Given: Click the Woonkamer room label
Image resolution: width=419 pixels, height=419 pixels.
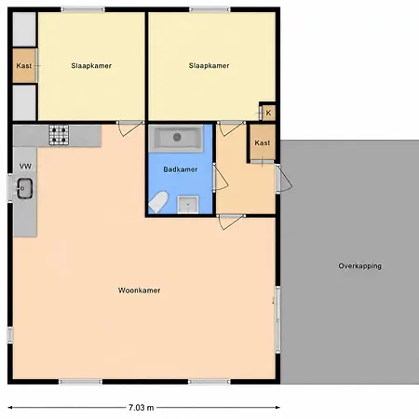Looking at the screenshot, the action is tap(139, 291).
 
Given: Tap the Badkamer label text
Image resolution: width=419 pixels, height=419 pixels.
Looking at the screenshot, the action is tap(181, 169).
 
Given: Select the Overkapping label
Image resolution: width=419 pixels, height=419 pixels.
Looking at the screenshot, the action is tap(360, 266).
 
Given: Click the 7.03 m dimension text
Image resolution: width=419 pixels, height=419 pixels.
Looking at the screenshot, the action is tap(142, 408).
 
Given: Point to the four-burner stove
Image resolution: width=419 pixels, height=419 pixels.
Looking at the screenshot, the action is tap(59, 135).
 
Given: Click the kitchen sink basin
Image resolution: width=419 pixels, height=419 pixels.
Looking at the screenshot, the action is tap(25, 188).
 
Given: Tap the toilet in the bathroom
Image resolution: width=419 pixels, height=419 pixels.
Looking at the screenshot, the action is tap(158, 202).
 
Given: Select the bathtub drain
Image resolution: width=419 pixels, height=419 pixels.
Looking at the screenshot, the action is tap(177, 137).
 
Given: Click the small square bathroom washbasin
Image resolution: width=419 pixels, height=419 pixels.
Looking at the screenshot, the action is tap(188, 205).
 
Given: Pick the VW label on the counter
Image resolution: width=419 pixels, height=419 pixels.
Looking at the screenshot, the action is tap(25, 167).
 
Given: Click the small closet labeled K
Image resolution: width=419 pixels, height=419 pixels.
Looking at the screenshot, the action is tap(268, 113).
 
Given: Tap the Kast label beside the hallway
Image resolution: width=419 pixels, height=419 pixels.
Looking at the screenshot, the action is tap(263, 142).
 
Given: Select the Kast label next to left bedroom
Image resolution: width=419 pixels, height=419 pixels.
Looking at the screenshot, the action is tap(24, 66).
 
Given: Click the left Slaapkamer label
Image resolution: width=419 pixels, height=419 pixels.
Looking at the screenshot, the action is tap(91, 66).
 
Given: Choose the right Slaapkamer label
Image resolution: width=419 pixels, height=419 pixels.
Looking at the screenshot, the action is tap(209, 65).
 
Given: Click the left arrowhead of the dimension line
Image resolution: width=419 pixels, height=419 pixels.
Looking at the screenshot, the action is tap(10, 408).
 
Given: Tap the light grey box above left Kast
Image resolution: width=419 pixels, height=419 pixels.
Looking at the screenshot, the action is tap(24, 30).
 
